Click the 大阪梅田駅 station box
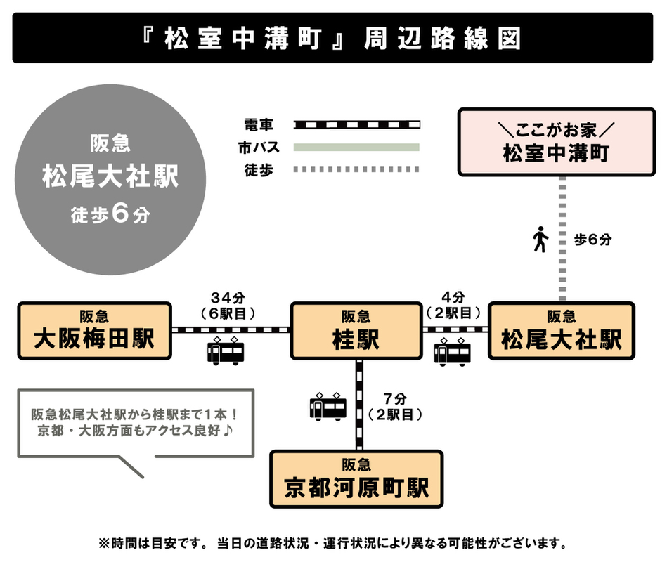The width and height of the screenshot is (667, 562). (x=94, y=331)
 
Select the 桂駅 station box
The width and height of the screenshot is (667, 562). (x=356, y=331)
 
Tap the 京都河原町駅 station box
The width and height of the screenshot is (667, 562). (x=356, y=479)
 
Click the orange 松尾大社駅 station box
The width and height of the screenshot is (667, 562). (x=562, y=331)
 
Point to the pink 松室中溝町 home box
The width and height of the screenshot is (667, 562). (x=557, y=142)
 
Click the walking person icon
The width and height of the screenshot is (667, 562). (x=540, y=240)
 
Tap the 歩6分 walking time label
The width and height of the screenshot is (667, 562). (x=592, y=240)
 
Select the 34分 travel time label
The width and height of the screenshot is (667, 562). (x=228, y=297)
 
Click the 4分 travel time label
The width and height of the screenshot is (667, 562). (x=453, y=296)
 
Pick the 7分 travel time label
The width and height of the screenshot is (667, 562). (x=395, y=399)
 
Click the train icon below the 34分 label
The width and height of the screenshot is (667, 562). (x=226, y=351)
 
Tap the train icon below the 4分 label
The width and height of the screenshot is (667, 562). (x=452, y=352)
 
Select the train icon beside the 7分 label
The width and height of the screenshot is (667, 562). (x=328, y=407)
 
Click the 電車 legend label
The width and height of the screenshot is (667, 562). (x=258, y=125)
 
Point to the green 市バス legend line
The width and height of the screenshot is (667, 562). (x=356, y=147)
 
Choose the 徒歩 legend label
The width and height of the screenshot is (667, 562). (x=258, y=170)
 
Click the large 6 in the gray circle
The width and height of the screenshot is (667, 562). (x=120, y=213)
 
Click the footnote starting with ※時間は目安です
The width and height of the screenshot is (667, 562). (x=332, y=543)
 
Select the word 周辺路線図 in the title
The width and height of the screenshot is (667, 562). (x=442, y=39)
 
